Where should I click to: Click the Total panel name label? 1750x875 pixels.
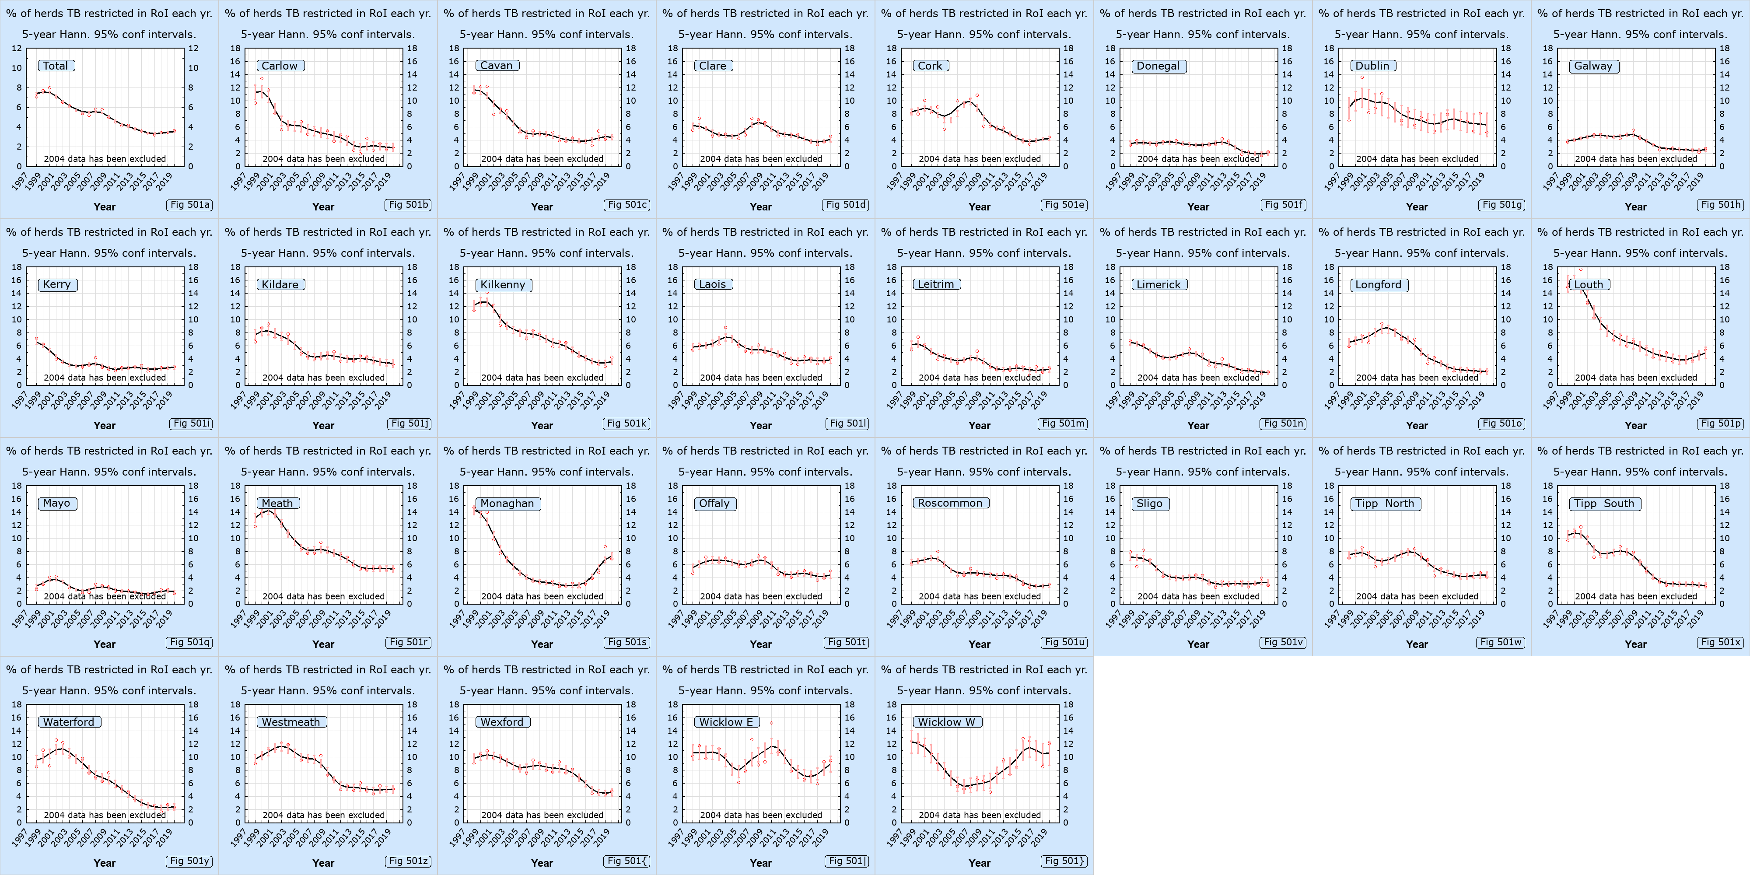(56, 66)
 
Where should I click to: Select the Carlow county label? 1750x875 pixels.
(280, 66)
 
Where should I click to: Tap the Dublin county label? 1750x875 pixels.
(1372, 66)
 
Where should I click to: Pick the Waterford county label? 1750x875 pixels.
(69, 722)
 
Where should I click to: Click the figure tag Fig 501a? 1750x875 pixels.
(189, 204)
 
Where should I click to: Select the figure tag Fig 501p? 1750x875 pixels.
(1720, 423)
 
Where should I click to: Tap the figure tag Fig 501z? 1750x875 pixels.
(408, 861)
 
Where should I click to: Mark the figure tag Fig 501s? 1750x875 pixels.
(627, 642)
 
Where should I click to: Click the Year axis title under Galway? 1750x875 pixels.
(1635, 206)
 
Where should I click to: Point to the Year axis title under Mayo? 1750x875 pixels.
(104, 644)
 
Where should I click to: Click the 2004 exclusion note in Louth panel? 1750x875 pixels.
(1635, 378)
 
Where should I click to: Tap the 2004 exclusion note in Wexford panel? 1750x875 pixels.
(542, 815)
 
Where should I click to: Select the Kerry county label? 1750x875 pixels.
(56, 285)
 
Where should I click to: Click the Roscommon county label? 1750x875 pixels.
(950, 504)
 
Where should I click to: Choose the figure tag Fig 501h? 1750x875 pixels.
(1720, 204)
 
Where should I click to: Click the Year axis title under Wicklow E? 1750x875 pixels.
(760, 863)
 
